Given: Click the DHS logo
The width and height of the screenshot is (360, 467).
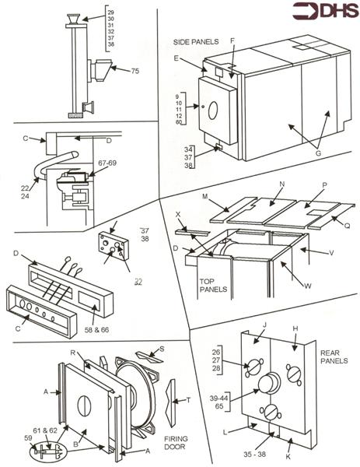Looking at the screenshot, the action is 325,11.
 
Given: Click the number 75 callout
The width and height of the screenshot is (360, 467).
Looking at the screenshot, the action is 135,71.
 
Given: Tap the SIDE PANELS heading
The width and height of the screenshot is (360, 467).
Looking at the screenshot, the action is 196,42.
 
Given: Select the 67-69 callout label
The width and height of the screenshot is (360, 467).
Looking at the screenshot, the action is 107,163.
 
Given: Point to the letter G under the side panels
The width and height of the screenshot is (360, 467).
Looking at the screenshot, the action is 318,153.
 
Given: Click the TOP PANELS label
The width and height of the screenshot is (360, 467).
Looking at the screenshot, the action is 213,286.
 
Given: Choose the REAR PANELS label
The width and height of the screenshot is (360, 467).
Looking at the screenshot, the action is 334,356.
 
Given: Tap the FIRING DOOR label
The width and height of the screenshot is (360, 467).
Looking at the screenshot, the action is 176,443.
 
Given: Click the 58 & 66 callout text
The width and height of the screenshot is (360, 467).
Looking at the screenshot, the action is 96,330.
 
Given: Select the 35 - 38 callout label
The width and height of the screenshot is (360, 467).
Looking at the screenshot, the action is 255,455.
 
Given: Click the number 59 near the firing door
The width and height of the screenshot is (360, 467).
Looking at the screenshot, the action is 28,437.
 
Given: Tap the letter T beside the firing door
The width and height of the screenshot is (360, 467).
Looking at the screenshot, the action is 188,400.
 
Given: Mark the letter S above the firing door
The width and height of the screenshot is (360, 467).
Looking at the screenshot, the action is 162,349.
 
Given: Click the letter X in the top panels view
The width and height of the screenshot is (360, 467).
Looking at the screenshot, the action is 178,214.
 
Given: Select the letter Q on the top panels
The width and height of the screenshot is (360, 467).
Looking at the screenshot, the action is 347,226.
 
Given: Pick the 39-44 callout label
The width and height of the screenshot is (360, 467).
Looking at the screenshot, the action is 218,399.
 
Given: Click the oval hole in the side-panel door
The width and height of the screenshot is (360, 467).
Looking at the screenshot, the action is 213,111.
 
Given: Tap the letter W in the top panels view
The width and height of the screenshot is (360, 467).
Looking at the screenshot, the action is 308,286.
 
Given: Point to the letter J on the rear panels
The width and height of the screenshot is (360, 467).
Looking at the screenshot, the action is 264,325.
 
